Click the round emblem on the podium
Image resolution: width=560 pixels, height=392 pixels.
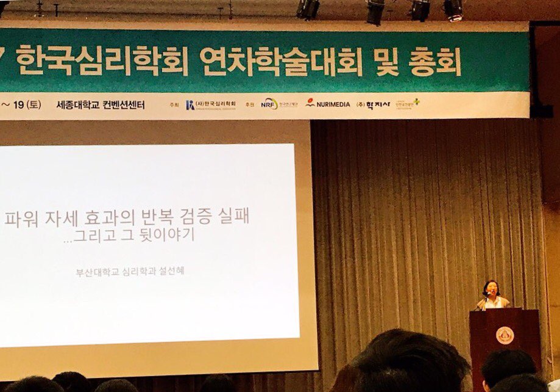coord(505,335)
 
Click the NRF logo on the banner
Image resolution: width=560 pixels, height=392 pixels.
coord(269,104)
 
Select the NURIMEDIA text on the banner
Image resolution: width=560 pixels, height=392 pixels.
coord(328,104)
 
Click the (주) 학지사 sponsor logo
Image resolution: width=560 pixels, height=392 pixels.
coord(372,104)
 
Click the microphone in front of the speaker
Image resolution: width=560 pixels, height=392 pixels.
coord(486,299)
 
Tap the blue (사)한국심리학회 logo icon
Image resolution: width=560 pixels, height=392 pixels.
coord(190,104)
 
